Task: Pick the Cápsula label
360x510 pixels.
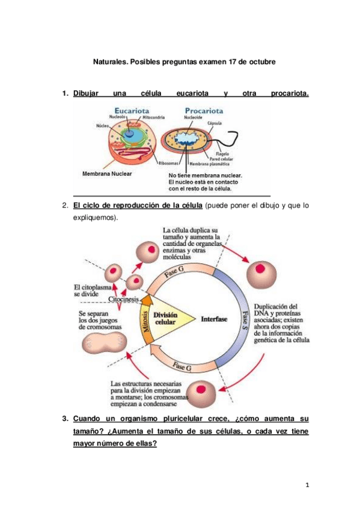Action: (x=216, y=122)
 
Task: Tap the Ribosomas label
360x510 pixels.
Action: (x=171, y=163)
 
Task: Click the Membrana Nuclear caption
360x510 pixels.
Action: (x=106, y=173)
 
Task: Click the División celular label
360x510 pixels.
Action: (x=165, y=318)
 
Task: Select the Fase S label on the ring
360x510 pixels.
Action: (x=245, y=318)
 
